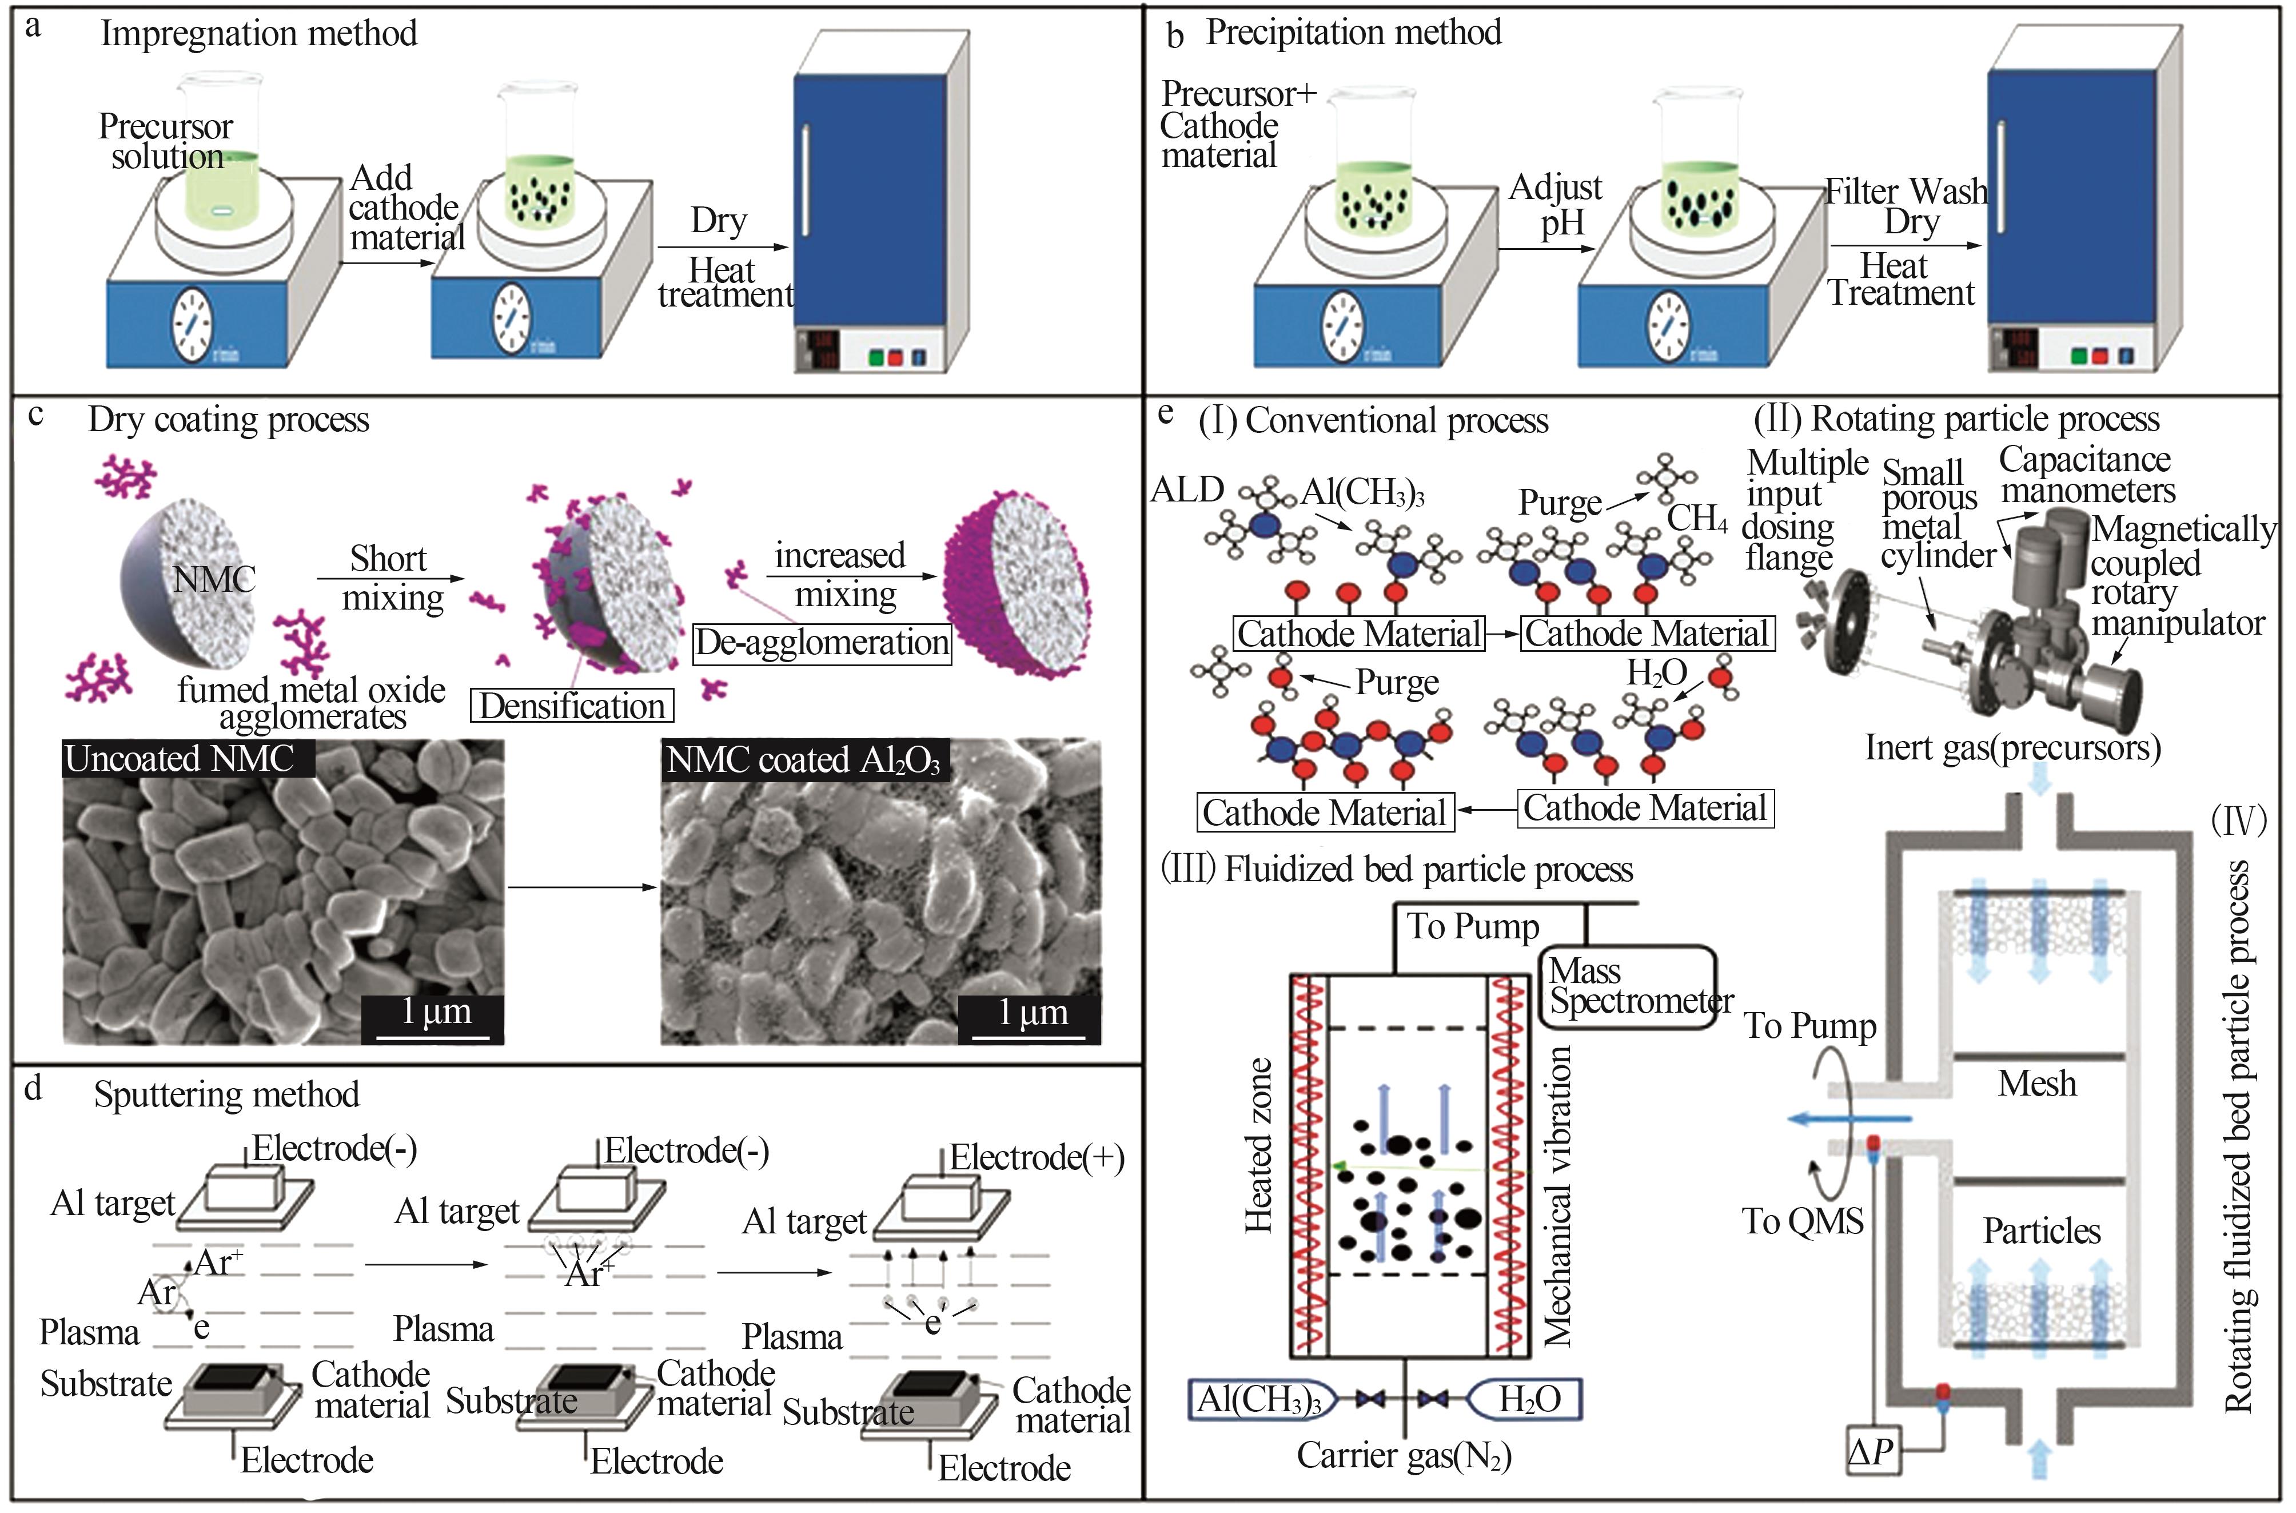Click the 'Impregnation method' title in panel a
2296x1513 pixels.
(258, 34)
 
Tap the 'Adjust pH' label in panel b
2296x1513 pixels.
(1555, 205)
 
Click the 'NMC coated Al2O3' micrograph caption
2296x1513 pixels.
(804, 761)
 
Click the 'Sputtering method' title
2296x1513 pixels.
(227, 1094)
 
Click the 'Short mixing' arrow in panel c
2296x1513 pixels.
(390, 579)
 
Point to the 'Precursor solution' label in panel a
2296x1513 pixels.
(165, 141)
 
